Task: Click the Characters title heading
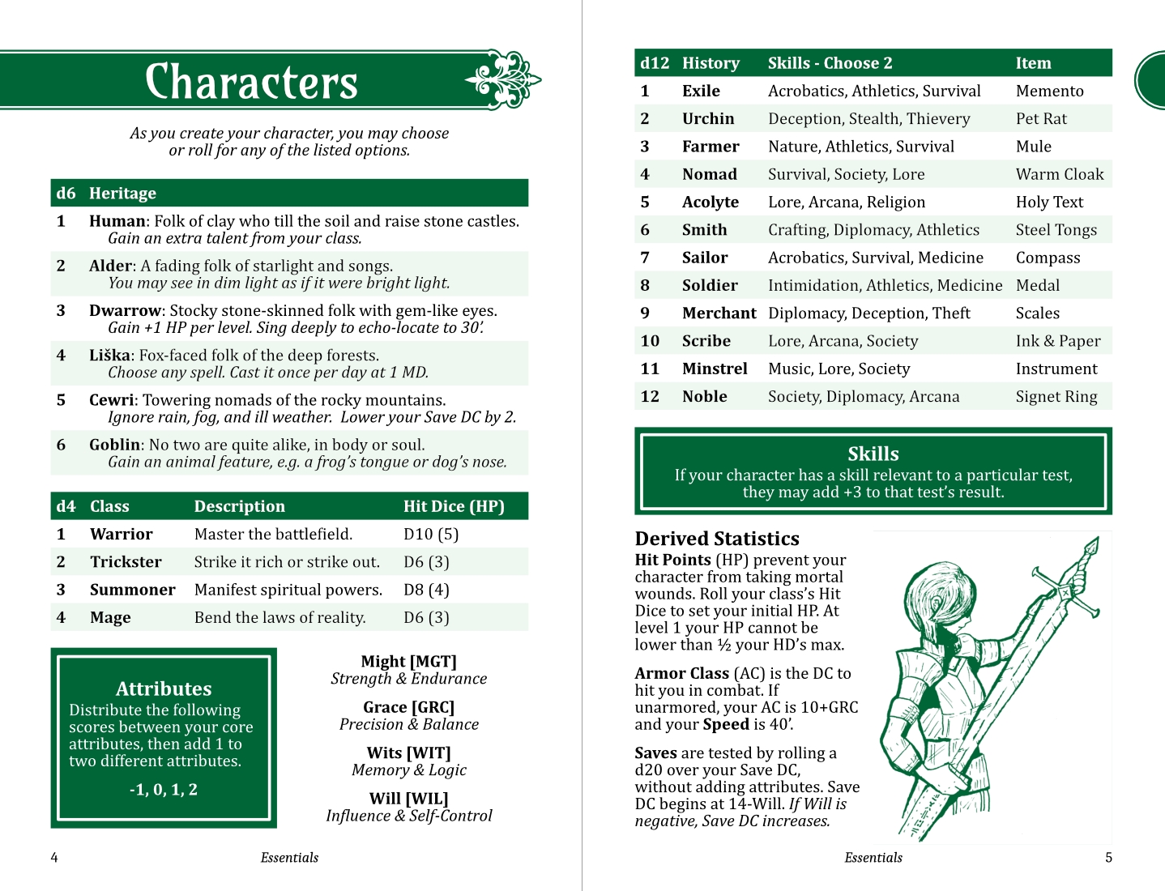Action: (x=251, y=82)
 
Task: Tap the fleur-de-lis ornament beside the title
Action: (x=503, y=79)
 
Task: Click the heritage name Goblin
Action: (x=115, y=445)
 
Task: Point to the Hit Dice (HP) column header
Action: (x=454, y=506)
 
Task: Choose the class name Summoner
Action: (x=132, y=590)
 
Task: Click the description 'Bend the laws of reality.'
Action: (x=280, y=618)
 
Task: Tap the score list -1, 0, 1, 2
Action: (x=164, y=790)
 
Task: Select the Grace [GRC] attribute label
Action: (x=409, y=707)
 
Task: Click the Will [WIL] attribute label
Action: (x=409, y=799)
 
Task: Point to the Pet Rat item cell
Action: (x=1041, y=119)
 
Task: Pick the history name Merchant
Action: (x=719, y=313)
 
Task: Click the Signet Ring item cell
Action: (x=1056, y=397)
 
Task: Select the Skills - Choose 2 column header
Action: (x=830, y=63)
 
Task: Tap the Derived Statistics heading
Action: (x=717, y=539)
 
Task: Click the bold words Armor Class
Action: (x=682, y=673)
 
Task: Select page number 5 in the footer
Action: (x=1108, y=858)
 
